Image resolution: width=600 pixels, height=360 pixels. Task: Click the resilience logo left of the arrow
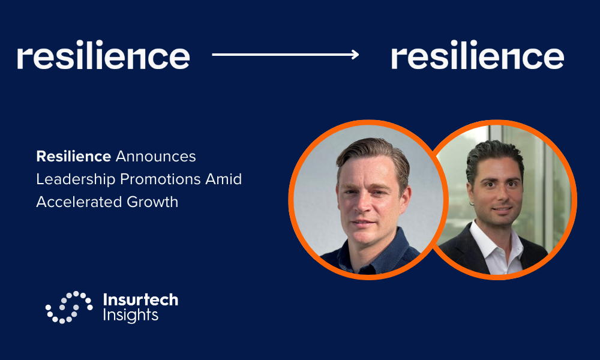(x=103, y=55)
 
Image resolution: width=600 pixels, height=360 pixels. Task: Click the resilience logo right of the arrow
(x=478, y=55)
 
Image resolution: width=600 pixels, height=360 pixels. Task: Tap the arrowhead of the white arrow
(x=355, y=55)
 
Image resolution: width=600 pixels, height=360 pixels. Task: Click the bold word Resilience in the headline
(x=73, y=156)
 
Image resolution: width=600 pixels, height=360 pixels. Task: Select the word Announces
(x=156, y=156)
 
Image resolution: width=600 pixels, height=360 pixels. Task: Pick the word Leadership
(x=76, y=179)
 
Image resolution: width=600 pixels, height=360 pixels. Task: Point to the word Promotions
(x=160, y=179)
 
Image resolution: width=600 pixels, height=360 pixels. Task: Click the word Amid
(x=223, y=179)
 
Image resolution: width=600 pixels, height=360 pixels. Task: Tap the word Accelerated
(x=79, y=202)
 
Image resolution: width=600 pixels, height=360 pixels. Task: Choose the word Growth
(x=152, y=202)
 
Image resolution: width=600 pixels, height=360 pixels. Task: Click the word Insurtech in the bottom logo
(x=140, y=299)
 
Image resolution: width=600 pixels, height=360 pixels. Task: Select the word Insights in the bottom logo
(x=130, y=315)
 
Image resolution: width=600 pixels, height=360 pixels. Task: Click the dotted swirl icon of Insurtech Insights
(x=69, y=307)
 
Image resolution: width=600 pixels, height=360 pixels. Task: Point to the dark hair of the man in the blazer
(x=494, y=157)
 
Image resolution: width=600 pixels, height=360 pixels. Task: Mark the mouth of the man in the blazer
(x=502, y=209)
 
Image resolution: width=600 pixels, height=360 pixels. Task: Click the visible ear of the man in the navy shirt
(x=406, y=196)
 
